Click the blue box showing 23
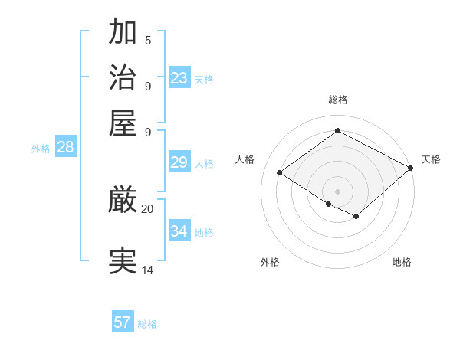[x=179, y=78]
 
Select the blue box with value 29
[x=179, y=162]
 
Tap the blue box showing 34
[x=179, y=231]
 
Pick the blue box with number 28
[x=65, y=148]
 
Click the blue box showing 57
[x=123, y=322]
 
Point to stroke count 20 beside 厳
[x=147, y=208]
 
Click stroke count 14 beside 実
[x=147, y=270]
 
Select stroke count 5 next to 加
[x=148, y=40]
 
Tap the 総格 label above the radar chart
[x=337, y=100]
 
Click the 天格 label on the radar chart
[x=431, y=159]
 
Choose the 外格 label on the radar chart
[x=270, y=262]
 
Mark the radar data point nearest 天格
[x=411, y=169]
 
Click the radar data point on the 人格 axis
[x=279, y=173]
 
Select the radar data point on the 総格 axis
[x=337, y=131]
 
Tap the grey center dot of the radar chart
[x=337, y=191]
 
